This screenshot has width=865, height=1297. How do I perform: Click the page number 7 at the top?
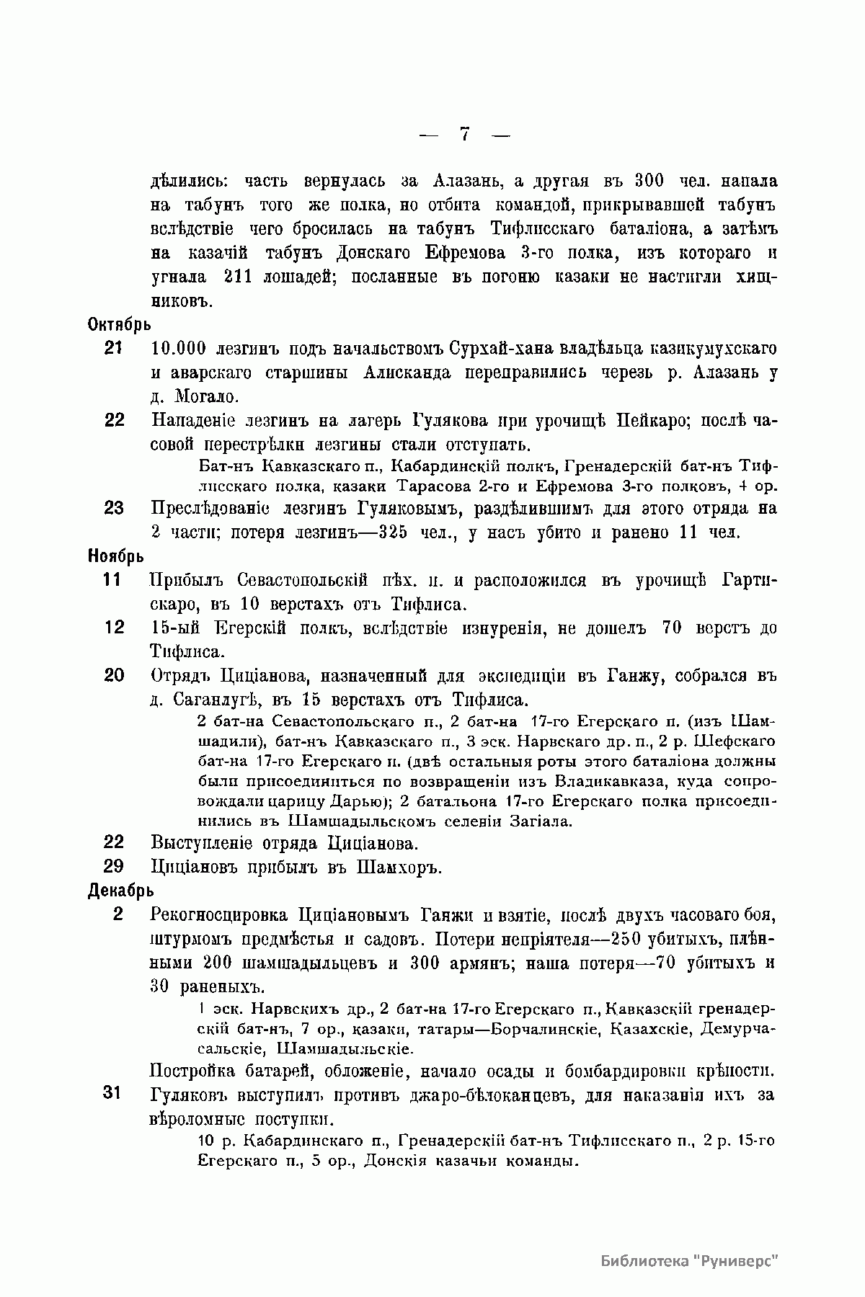(x=465, y=134)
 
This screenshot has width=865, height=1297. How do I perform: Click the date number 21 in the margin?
(x=114, y=349)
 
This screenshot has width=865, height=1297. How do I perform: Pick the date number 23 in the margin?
(x=114, y=509)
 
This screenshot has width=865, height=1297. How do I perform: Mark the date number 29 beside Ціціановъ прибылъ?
(x=114, y=867)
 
